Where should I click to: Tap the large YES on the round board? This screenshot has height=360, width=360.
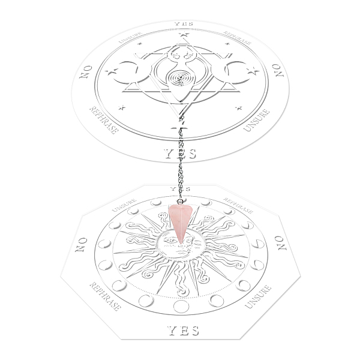coord(181,154)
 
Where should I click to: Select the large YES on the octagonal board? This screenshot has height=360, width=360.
coord(183,331)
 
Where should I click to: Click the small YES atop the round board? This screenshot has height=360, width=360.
coord(184,24)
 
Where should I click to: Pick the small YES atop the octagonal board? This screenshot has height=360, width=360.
coord(181,189)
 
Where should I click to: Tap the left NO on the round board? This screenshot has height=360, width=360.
coord(86,71)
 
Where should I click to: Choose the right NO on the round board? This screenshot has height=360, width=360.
coord(278,70)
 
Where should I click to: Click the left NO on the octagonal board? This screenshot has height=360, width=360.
coord(81,245)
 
